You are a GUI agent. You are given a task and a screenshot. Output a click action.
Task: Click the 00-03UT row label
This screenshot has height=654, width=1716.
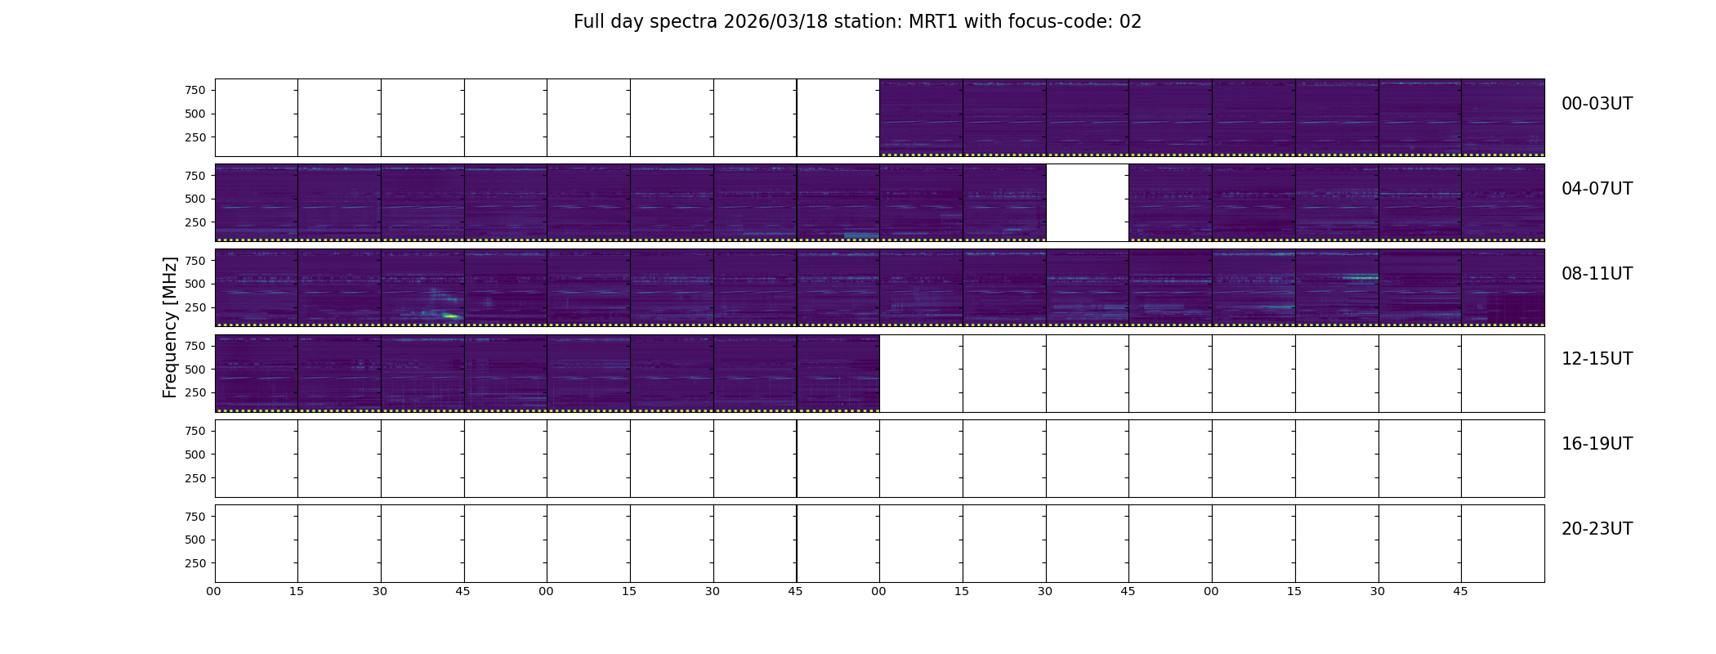(x=1597, y=104)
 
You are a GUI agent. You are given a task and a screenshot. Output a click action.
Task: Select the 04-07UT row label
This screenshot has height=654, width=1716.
(x=1597, y=189)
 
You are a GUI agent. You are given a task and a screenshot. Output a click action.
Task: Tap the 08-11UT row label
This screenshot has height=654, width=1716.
(x=1597, y=274)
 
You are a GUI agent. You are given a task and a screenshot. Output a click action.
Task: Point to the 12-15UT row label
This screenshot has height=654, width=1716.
(x=1597, y=359)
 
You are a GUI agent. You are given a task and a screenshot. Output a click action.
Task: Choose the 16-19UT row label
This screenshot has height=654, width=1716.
(x=1597, y=444)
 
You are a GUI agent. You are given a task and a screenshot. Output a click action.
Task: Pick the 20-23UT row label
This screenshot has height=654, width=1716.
(x=1597, y=529)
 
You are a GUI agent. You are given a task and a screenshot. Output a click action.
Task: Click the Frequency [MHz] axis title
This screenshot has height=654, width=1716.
(x=170, y=327)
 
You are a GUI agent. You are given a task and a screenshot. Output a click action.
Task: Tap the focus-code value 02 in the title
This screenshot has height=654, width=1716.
(x=1130, y=22)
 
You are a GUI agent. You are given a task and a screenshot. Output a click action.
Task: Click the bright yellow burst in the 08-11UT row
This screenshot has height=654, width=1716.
(x=451, y=316)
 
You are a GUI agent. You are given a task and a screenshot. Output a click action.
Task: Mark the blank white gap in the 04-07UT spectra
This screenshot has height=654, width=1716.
(x=1088, y=203)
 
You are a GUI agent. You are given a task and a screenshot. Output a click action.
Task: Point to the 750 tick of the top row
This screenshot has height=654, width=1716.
(x=195, y=90)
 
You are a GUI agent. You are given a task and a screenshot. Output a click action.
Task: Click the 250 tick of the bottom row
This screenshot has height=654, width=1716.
(x=195, y=563)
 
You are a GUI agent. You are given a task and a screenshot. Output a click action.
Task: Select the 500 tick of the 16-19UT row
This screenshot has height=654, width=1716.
(x=195, y=455)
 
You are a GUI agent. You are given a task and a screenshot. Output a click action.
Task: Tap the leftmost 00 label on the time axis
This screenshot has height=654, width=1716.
(x=214, y=591)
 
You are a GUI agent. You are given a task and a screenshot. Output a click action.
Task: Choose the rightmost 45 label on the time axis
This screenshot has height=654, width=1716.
(x=1460, y=591)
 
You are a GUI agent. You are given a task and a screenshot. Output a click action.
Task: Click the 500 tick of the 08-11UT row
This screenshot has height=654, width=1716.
(x=195, y=284)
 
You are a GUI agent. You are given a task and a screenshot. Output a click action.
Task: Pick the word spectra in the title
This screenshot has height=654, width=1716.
(x=685, y=22)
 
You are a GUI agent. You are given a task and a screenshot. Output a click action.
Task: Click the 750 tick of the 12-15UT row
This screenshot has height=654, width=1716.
(x=195, y=346)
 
